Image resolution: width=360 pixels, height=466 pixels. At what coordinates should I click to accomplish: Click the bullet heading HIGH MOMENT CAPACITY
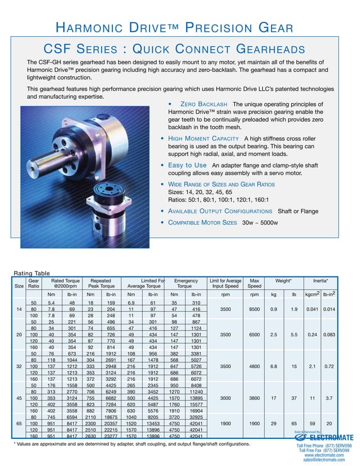click(x=204, y=138)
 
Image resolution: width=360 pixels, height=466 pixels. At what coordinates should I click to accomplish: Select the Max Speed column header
click(x=255, y=283)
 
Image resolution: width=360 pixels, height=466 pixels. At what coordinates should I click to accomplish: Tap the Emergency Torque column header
click(x=186, y=283)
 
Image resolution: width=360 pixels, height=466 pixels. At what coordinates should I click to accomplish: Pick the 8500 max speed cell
click(x=255, y=309)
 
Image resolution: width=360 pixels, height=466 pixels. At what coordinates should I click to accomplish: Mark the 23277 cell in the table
click(x=111, y=436)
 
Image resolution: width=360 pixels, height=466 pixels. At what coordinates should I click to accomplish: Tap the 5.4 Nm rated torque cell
click(x=51, y=303)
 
